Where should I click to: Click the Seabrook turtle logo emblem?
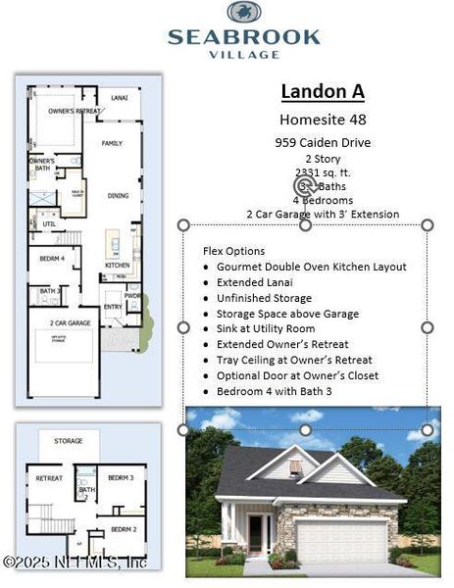point(243,13)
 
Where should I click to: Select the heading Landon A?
point(323,91)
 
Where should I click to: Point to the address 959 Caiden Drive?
point(323,142)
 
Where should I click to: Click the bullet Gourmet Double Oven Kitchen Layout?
point(311,267)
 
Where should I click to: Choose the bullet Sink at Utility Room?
point(266,329)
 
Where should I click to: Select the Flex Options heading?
point(233,251)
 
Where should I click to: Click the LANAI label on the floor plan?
point(119,98)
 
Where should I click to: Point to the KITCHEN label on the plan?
point(117,266)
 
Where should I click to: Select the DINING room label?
point(118,196)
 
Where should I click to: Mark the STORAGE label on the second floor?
point(69,441)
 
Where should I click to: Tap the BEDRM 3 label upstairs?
point(120,477)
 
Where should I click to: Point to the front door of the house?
point(258,535)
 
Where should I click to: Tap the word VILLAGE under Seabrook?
point(243,55)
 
